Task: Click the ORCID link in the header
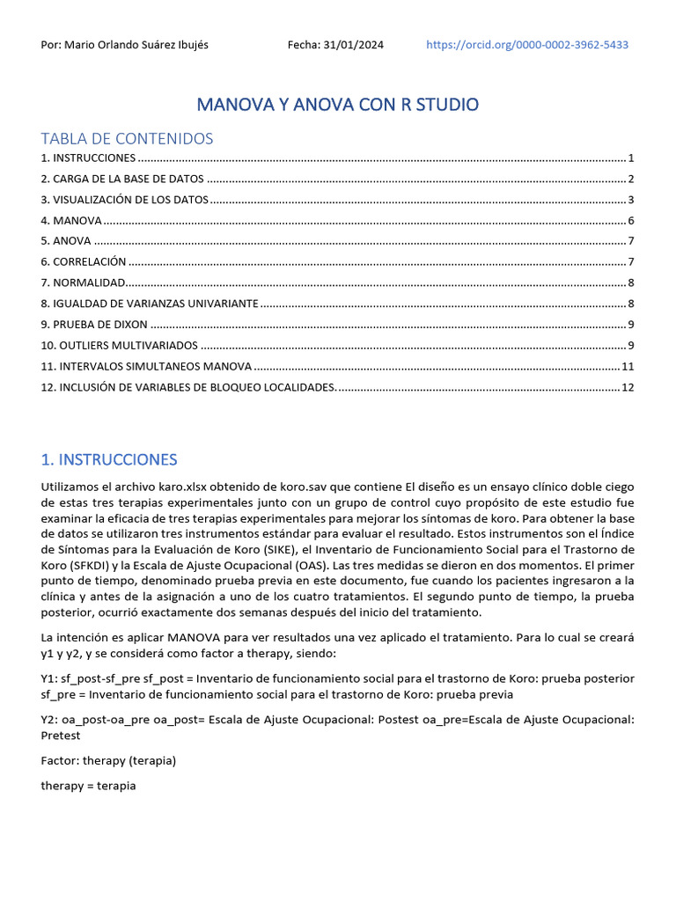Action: tap(526, 45)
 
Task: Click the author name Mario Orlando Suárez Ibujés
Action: tap(125, 45)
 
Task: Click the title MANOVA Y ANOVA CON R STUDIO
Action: tap(338, 105)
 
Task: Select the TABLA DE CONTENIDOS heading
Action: tap(127, 139)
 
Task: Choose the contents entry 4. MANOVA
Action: tap(71, 221)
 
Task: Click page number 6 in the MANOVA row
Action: tap(631, 221)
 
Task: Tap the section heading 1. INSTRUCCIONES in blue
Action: tap(109, 459)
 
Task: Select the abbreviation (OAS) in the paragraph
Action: tap(350, 565)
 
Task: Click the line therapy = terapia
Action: tap(89, 785)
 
